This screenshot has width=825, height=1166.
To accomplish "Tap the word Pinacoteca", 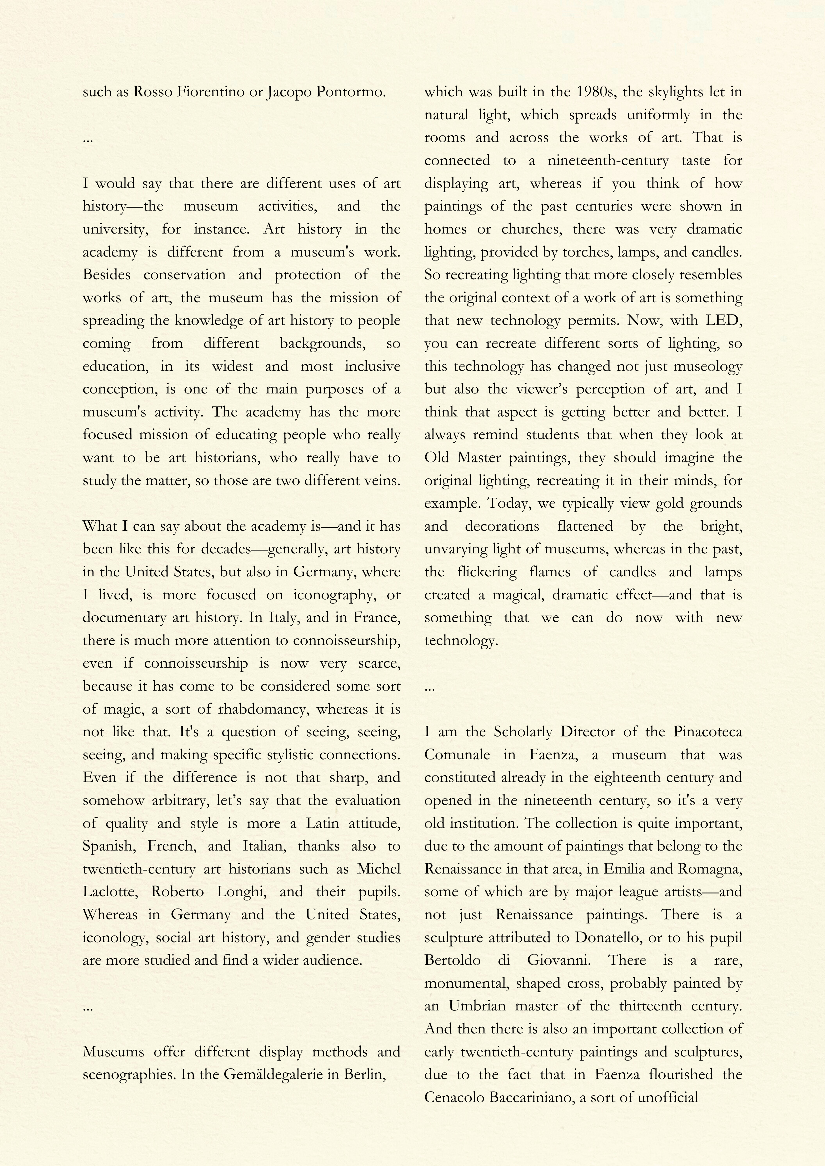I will (708, 732).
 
